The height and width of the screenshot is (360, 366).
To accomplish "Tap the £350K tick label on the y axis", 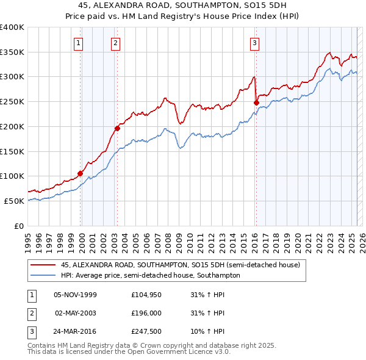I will pos(12,52).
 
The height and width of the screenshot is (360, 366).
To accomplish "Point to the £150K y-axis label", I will pos(12,151).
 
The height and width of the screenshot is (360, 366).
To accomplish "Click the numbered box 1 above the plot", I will pos(80,43).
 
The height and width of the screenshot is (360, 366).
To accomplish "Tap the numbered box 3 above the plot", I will pos(254,43).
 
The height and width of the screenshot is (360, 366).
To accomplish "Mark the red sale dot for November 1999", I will pos(80,173).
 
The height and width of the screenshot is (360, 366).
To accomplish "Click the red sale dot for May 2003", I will pos(118,128).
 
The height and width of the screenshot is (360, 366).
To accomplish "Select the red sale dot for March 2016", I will pos(256,103).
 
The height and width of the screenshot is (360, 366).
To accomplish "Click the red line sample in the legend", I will pos(42,265).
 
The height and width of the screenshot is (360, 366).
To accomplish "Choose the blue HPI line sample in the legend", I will pos(42,275).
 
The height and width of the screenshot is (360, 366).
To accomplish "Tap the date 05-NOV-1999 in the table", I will pos(75,295).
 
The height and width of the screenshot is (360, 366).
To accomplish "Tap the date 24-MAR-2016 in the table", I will pos(76,331).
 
